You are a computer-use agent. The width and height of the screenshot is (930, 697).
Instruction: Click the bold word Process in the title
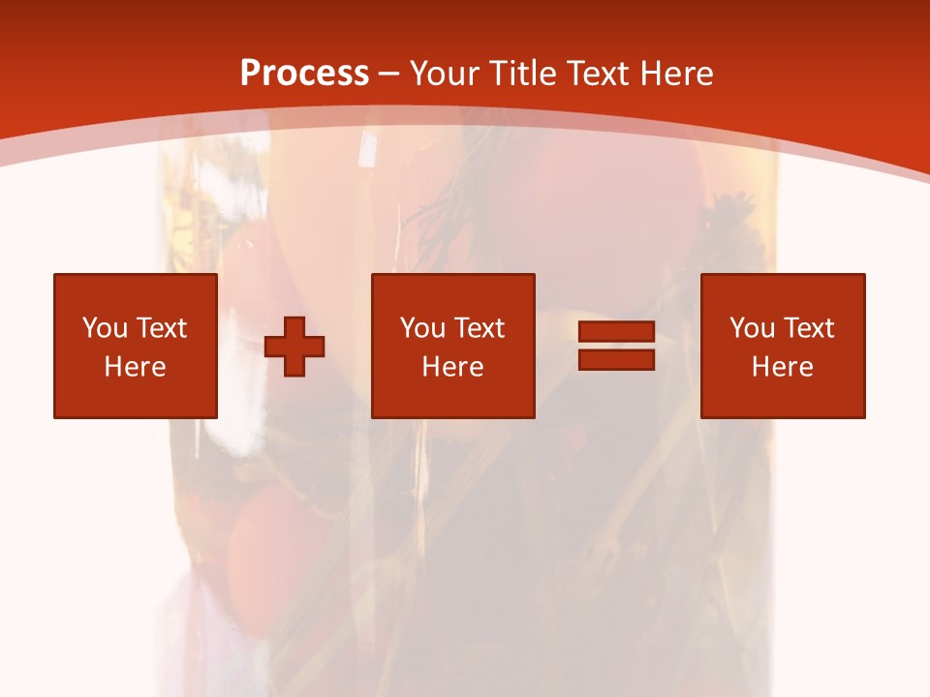pyautogui.click(x=304, y=74)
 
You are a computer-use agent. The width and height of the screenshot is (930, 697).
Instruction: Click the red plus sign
pyautogui.click(x=294, y=347)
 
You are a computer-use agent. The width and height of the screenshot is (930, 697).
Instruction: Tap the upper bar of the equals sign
pyautogui.click(x=616, y=332)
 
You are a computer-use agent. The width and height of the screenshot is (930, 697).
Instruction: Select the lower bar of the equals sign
pyautogui.click(x=616, y=359)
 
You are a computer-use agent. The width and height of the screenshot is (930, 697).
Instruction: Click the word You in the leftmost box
pyautogui.click(x=105, y=328)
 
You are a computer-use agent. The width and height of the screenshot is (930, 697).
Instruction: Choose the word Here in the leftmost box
pyautogui.click(x=135, y=367)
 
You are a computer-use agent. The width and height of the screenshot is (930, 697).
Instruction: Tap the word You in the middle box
pyautogui.click(x=422, y=328)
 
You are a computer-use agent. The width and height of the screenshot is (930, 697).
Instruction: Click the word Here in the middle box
pyautogui.click(x=452, y=367)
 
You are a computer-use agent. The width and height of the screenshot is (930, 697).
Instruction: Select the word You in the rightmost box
pyautogui.click(x=752, y=328)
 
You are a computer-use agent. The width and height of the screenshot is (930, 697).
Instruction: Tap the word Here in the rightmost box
pyautogui.click(x=782, y=367)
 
